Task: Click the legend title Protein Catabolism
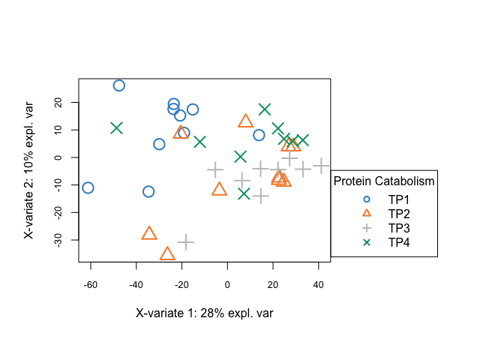pyautogui.click(x=384, y=181)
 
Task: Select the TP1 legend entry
pyautogui.click(x=398, y=199)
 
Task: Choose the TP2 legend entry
pyautogui.click(x=398, y=214)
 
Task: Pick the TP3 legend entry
pyautogui.click(x=398, y=228)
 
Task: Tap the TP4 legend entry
pyautogui.click(x=398, y=242)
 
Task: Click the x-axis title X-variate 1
pyautogui.click(x=204, y=313)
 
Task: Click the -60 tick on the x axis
pyautogui.click(x=91, y=285)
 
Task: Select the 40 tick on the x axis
pyautogui.click(x=319, y=285)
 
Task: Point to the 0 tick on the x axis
pyautogui.click(x=227, y=285)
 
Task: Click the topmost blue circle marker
pyautogui.click(x=118, y=85)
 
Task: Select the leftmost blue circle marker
pyautogui.click(x=88, y=187)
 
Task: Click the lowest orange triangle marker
pyautogui.click(x=167, y=253)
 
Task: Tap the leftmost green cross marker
pyautogui.click(x=116, y=128)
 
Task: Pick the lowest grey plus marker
pyautogui.click(x=186, y=242)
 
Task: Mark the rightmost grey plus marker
pyautogui.click(x=322, y=166)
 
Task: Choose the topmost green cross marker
pyautogui.click(x=265, y=109)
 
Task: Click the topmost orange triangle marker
pyautogui.click(x=245, y=121)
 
